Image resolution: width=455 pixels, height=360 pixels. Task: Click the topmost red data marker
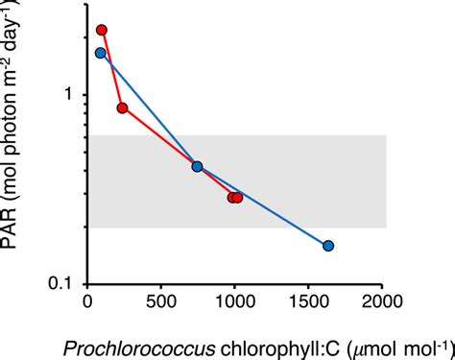[102, 31]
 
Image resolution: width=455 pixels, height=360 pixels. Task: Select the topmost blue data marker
[101, 53]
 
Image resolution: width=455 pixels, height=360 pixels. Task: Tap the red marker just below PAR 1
[122, 108]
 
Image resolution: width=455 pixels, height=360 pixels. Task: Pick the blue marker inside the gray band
[198, 166]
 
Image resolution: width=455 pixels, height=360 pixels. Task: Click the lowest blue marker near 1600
[328, 246]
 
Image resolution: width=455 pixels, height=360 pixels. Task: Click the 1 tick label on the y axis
[67, 94]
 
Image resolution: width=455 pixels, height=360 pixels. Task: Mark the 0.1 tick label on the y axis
[62, 283]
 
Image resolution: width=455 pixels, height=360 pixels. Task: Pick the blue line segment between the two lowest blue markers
[263, 206]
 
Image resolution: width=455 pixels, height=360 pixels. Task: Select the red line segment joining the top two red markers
[111, 69]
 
